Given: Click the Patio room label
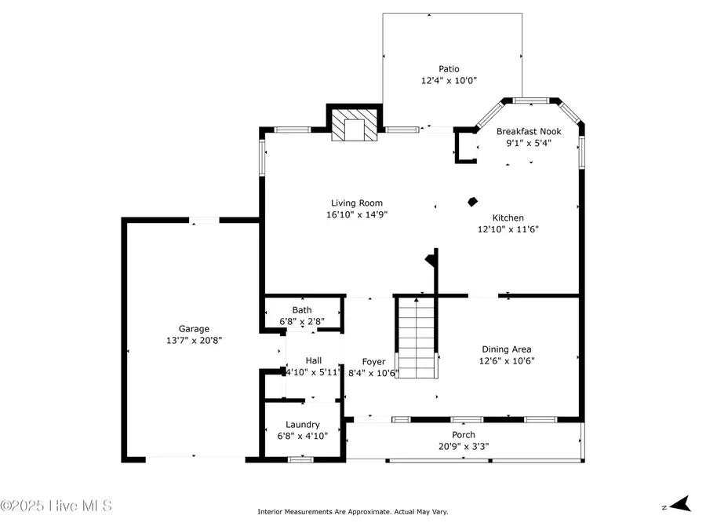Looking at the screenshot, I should (449, 69).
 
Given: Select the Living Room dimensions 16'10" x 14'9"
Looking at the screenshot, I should (357, 214).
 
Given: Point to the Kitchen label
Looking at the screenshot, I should (508, 217).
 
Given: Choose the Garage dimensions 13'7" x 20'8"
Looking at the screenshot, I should (193, 341).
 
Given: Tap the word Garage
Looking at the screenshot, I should (193, 329).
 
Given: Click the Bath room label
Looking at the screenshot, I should (302, 310).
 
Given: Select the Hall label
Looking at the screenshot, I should (313, 360).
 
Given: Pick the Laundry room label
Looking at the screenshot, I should (302, 424).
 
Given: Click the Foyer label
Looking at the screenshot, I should (373, 361).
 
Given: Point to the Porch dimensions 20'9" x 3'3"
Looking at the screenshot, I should (463, 447).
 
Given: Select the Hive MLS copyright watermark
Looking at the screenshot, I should (56, 506).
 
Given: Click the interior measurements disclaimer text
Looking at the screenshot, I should (352, 512).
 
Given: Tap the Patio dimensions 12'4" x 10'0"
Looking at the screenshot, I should (449, 80).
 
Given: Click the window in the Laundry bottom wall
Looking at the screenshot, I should (300, 459).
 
